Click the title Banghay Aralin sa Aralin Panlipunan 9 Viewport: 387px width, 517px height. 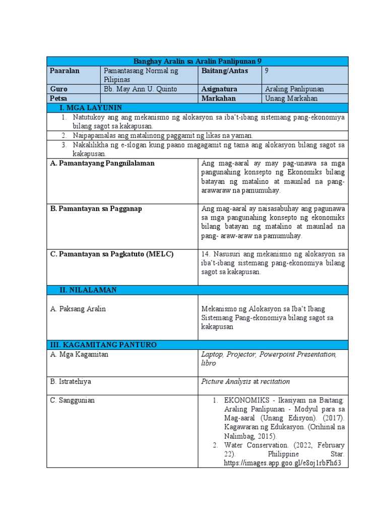tap(197, 61)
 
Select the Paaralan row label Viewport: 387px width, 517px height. tap(65, 71)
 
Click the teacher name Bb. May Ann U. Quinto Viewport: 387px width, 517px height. tap(140, 89)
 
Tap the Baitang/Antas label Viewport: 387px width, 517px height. tap(224, 71)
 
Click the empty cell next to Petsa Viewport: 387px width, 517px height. tap(149, 98)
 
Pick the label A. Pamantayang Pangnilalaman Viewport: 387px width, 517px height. tap(102, 163)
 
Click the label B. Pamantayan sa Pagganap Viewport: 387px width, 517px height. tap(96, 209)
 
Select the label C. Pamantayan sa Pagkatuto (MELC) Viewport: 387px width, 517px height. tap(111, 254)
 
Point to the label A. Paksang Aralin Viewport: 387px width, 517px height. tap(78, 308)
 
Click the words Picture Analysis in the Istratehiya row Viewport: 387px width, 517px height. tap(226, 381)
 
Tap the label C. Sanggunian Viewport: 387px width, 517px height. tap(73, 400)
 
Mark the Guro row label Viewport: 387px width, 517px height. tap(59, 89)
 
